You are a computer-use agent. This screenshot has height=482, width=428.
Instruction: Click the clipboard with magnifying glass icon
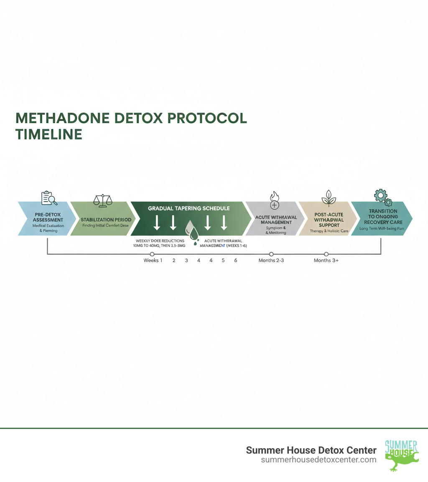pos(48,198)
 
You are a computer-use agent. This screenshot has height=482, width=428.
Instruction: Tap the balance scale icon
pos(103,200)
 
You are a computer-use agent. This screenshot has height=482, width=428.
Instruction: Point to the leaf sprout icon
pos(329,198)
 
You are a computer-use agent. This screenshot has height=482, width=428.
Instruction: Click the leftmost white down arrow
pos(157,223)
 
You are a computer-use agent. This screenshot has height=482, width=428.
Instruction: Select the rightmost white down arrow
pos(224,223)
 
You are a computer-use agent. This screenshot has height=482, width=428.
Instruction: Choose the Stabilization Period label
pos(106,219)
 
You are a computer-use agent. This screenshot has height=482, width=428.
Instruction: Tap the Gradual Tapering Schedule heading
pos(189,208)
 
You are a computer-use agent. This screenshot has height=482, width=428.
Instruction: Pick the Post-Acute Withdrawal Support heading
pos(329,220)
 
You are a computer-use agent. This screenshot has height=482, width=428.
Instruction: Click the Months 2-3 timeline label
pos(271,260)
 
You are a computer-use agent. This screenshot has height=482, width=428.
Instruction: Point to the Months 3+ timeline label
pos(326,260)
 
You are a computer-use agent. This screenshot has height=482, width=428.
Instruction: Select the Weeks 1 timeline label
pos(153,260)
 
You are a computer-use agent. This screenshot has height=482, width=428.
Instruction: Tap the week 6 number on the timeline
pos(236,260)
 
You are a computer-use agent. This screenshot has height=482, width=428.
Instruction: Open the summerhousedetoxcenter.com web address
pos(318,459)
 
